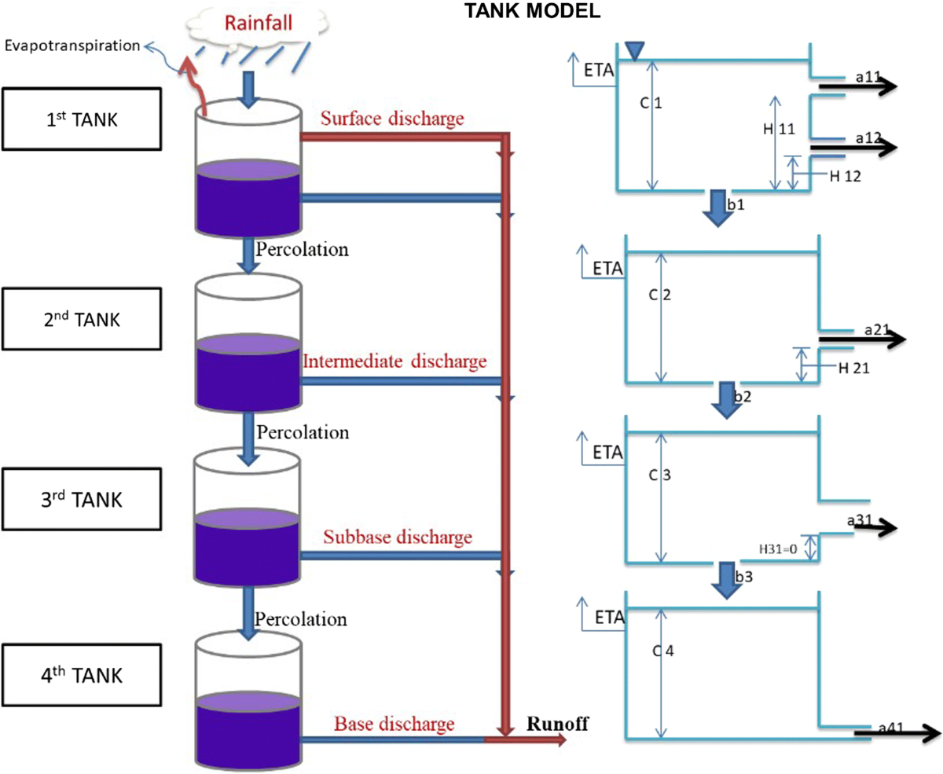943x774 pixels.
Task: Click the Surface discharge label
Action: (393, 119)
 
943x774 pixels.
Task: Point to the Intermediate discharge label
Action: (395, 362)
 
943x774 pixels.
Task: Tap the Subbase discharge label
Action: (398, 537)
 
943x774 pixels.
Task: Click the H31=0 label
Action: (778, 549)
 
